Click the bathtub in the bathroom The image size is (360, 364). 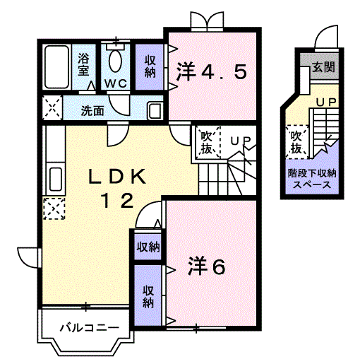(x=56, y=68)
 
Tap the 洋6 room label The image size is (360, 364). (x=206, y=266)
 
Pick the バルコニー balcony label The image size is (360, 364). (x=85, y=328)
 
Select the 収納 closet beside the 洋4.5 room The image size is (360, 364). (x=150, y=66)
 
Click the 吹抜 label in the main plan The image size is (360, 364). (x=207, y=141)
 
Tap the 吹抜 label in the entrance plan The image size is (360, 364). (x=296, y=141)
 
